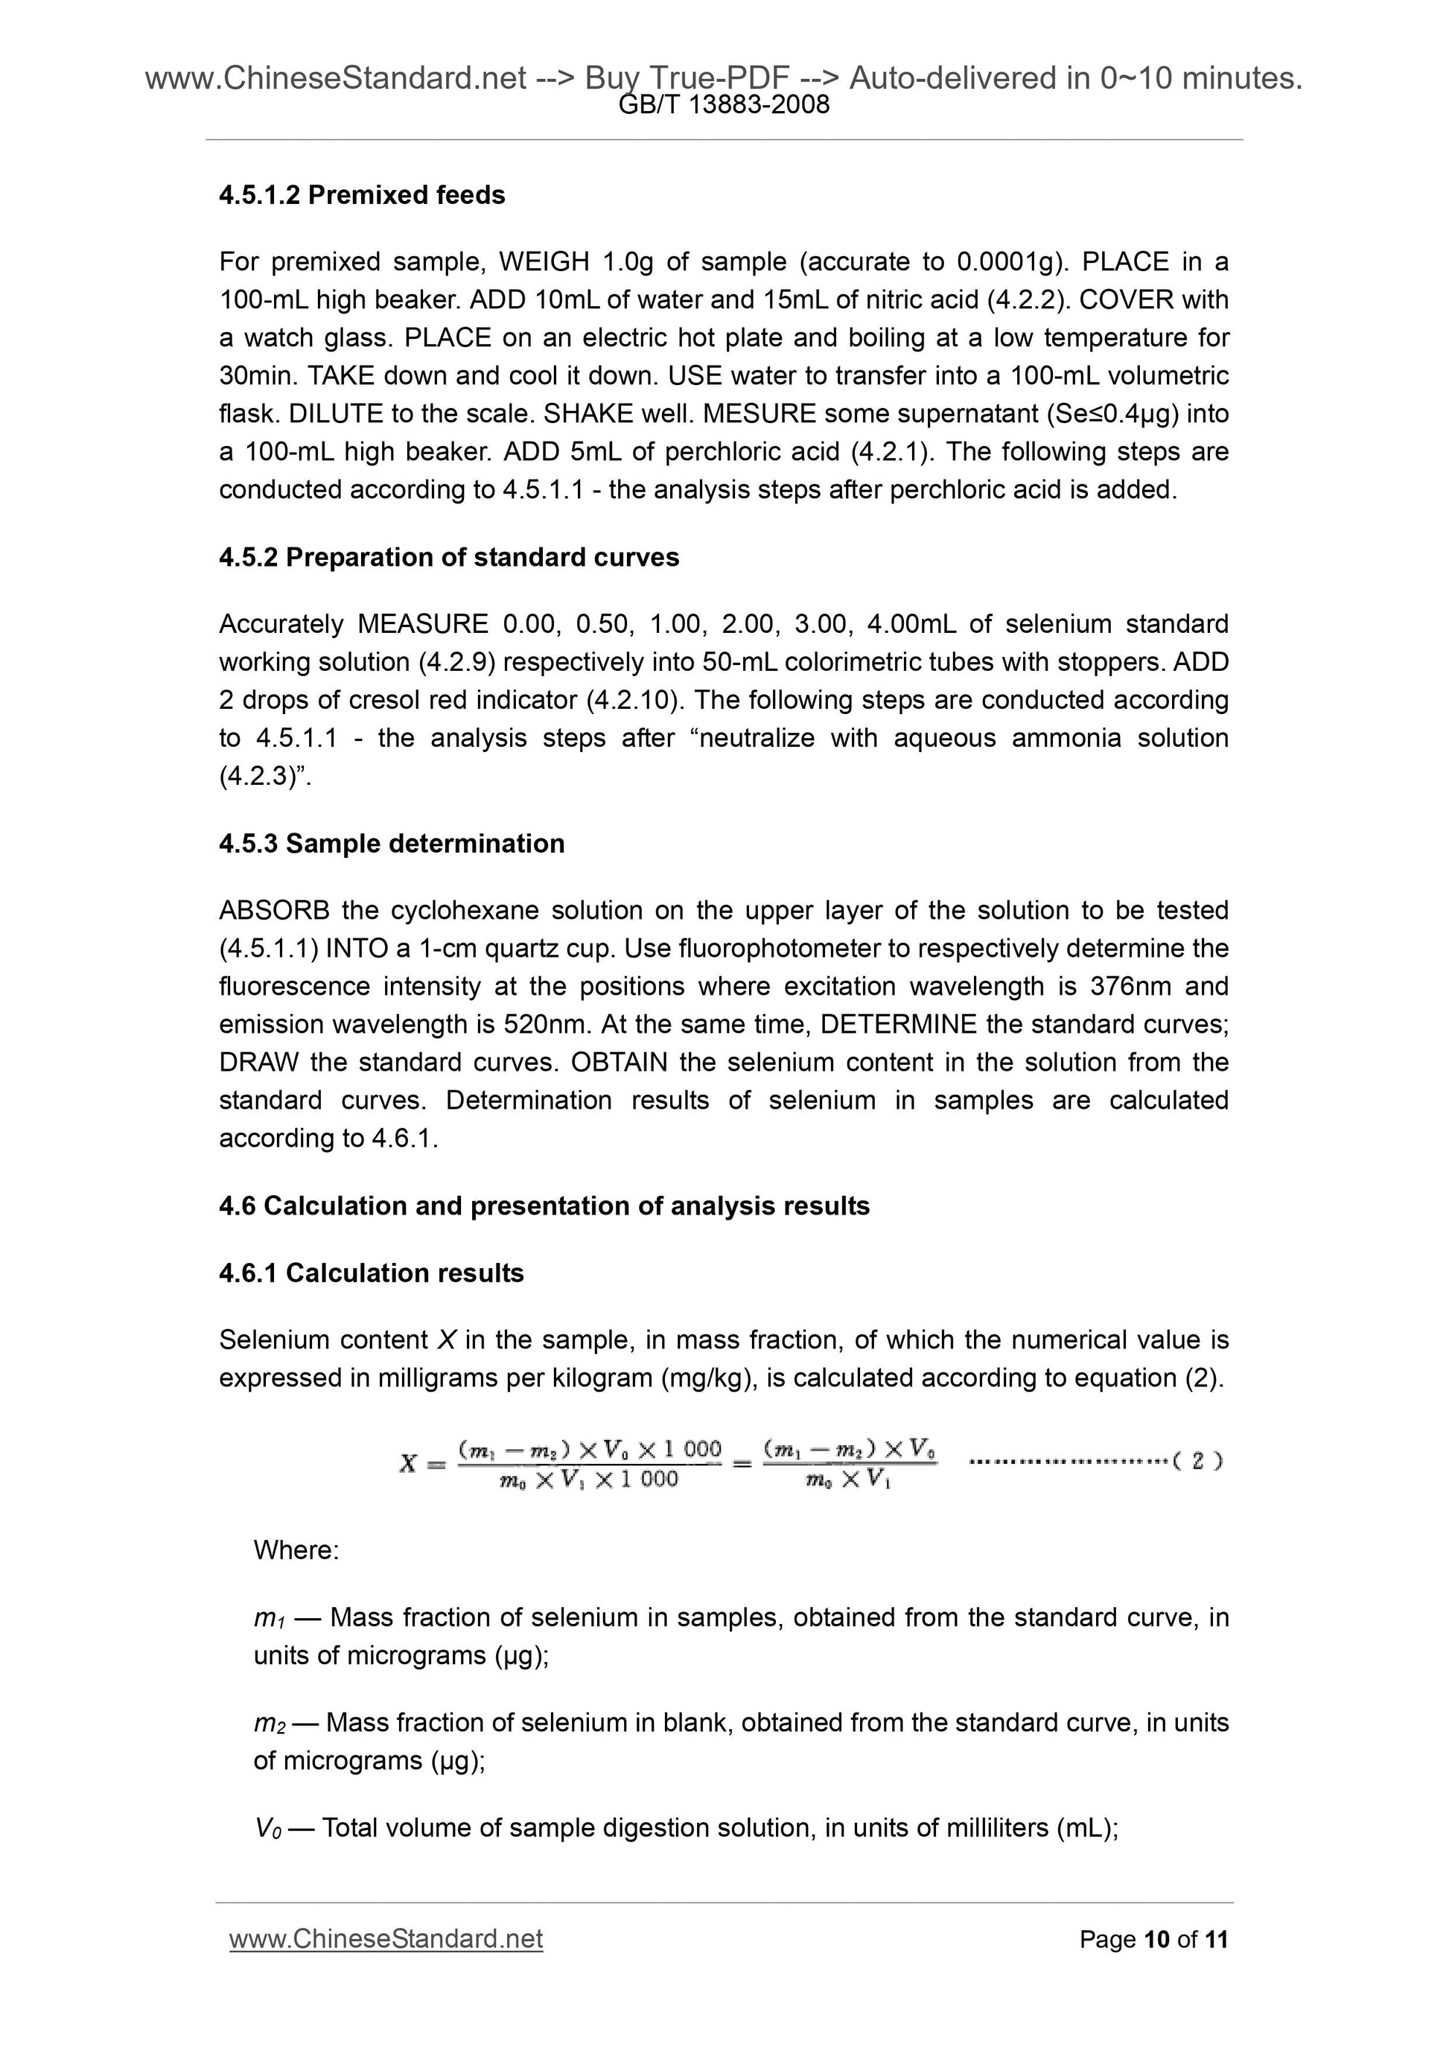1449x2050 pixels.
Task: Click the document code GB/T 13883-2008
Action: coord(724,105)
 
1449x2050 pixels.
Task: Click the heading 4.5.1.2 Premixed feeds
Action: coord(362,194)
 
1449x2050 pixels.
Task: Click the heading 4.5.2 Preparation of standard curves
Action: coord(448,557)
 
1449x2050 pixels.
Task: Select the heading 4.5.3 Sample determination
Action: coord(391,843)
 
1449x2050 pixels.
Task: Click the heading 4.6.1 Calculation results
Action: coord(371,1273)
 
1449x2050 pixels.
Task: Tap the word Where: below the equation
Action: coord(296,1549)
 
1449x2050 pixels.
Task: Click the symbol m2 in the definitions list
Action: coord(269,1723)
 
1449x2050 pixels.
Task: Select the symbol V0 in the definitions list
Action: coord(268,1827)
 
